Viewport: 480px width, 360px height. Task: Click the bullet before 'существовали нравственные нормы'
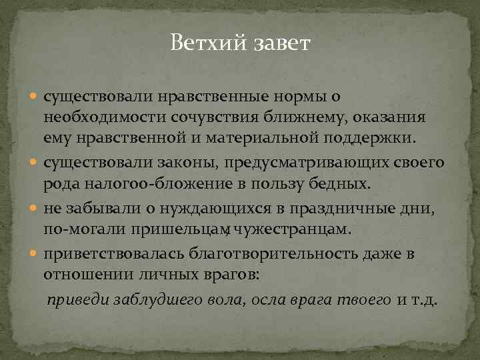click(x=36, y=96)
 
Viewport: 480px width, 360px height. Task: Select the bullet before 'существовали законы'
click(x=36, y=162)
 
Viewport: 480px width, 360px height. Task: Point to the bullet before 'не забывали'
click(x=36, y=208)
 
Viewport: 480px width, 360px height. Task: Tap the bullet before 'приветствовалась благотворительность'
click(x=36, y=254)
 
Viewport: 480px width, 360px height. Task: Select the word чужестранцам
click(x=312, y=230)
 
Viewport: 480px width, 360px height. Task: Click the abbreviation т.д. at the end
click(x=424, y=300)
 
